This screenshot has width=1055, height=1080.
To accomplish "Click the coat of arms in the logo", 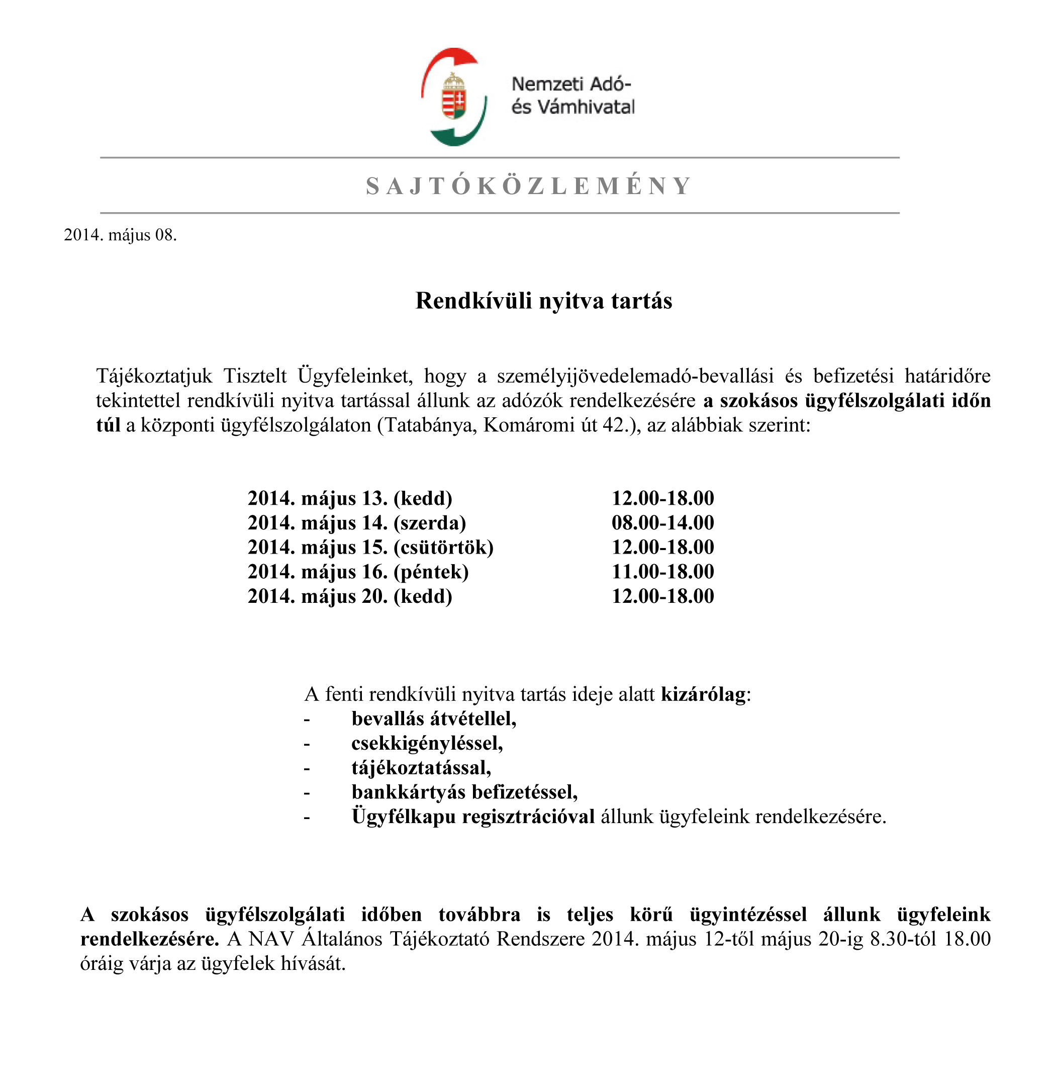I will pyautogui.click(x=454, y=98).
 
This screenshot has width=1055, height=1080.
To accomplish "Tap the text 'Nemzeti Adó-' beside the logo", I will pyautogui.click(x=571, y=84).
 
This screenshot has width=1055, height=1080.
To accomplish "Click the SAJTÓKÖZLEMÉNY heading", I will pyautogui.click(x=528, y=186).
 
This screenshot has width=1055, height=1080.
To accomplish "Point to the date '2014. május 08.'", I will pyautogui.click(x=120, y=235).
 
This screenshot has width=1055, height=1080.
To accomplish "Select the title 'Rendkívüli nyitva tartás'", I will pyautogui.click(x=543, y=301).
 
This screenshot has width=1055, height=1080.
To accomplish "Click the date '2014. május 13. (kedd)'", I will pyautogui.click(x=350, y=498).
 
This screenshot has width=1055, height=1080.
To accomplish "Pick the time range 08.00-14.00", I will pyautogui.click(x=662, y=523).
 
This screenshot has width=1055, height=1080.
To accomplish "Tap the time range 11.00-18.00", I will pyautogui.click(x=662, y=572).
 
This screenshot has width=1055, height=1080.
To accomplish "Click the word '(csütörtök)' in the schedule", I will pyautogui.click(x=443, y=547).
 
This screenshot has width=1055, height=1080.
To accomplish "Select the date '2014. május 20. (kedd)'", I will pyautogui.click(x=350, y=596).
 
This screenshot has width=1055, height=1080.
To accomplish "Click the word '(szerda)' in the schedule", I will pyautogui.click(x=429, y=523).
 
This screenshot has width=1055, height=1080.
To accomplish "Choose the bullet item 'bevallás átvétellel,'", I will pyautogui.click(x=434, y=719).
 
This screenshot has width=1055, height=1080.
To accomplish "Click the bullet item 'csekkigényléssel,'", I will pyautogui.click(x=427, y=744).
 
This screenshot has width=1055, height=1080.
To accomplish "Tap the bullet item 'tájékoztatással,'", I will pyautogui.click(x=421, y=768).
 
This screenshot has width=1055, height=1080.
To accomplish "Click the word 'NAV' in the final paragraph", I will pyautogui.click(x=271, y=939).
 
